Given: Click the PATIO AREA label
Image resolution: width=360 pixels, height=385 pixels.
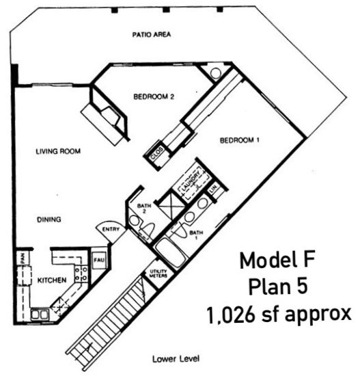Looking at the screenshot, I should [x=152, y=34].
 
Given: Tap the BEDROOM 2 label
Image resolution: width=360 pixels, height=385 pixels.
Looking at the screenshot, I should [x=154, y=97].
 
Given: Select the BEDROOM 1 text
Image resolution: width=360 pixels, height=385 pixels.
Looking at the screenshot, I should [x=240, y=141].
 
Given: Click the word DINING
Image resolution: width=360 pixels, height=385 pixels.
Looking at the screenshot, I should [x=49, y=220].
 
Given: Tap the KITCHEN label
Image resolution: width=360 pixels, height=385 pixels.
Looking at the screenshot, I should [x=52, y=280].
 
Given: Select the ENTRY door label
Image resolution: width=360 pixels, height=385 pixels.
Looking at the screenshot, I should [x=111, y=229].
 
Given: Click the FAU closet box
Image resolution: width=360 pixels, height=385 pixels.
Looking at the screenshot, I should [x=98, y=261].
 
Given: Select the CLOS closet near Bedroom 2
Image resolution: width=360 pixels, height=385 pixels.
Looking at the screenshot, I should [x=156, y=155].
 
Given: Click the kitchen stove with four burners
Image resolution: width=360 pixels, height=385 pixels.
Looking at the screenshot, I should [x=81, y=274].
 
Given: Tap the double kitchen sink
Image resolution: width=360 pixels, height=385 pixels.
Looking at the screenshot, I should [x=40, y=314].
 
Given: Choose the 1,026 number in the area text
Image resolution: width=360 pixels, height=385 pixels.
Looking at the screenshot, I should [x=230, y=315].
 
